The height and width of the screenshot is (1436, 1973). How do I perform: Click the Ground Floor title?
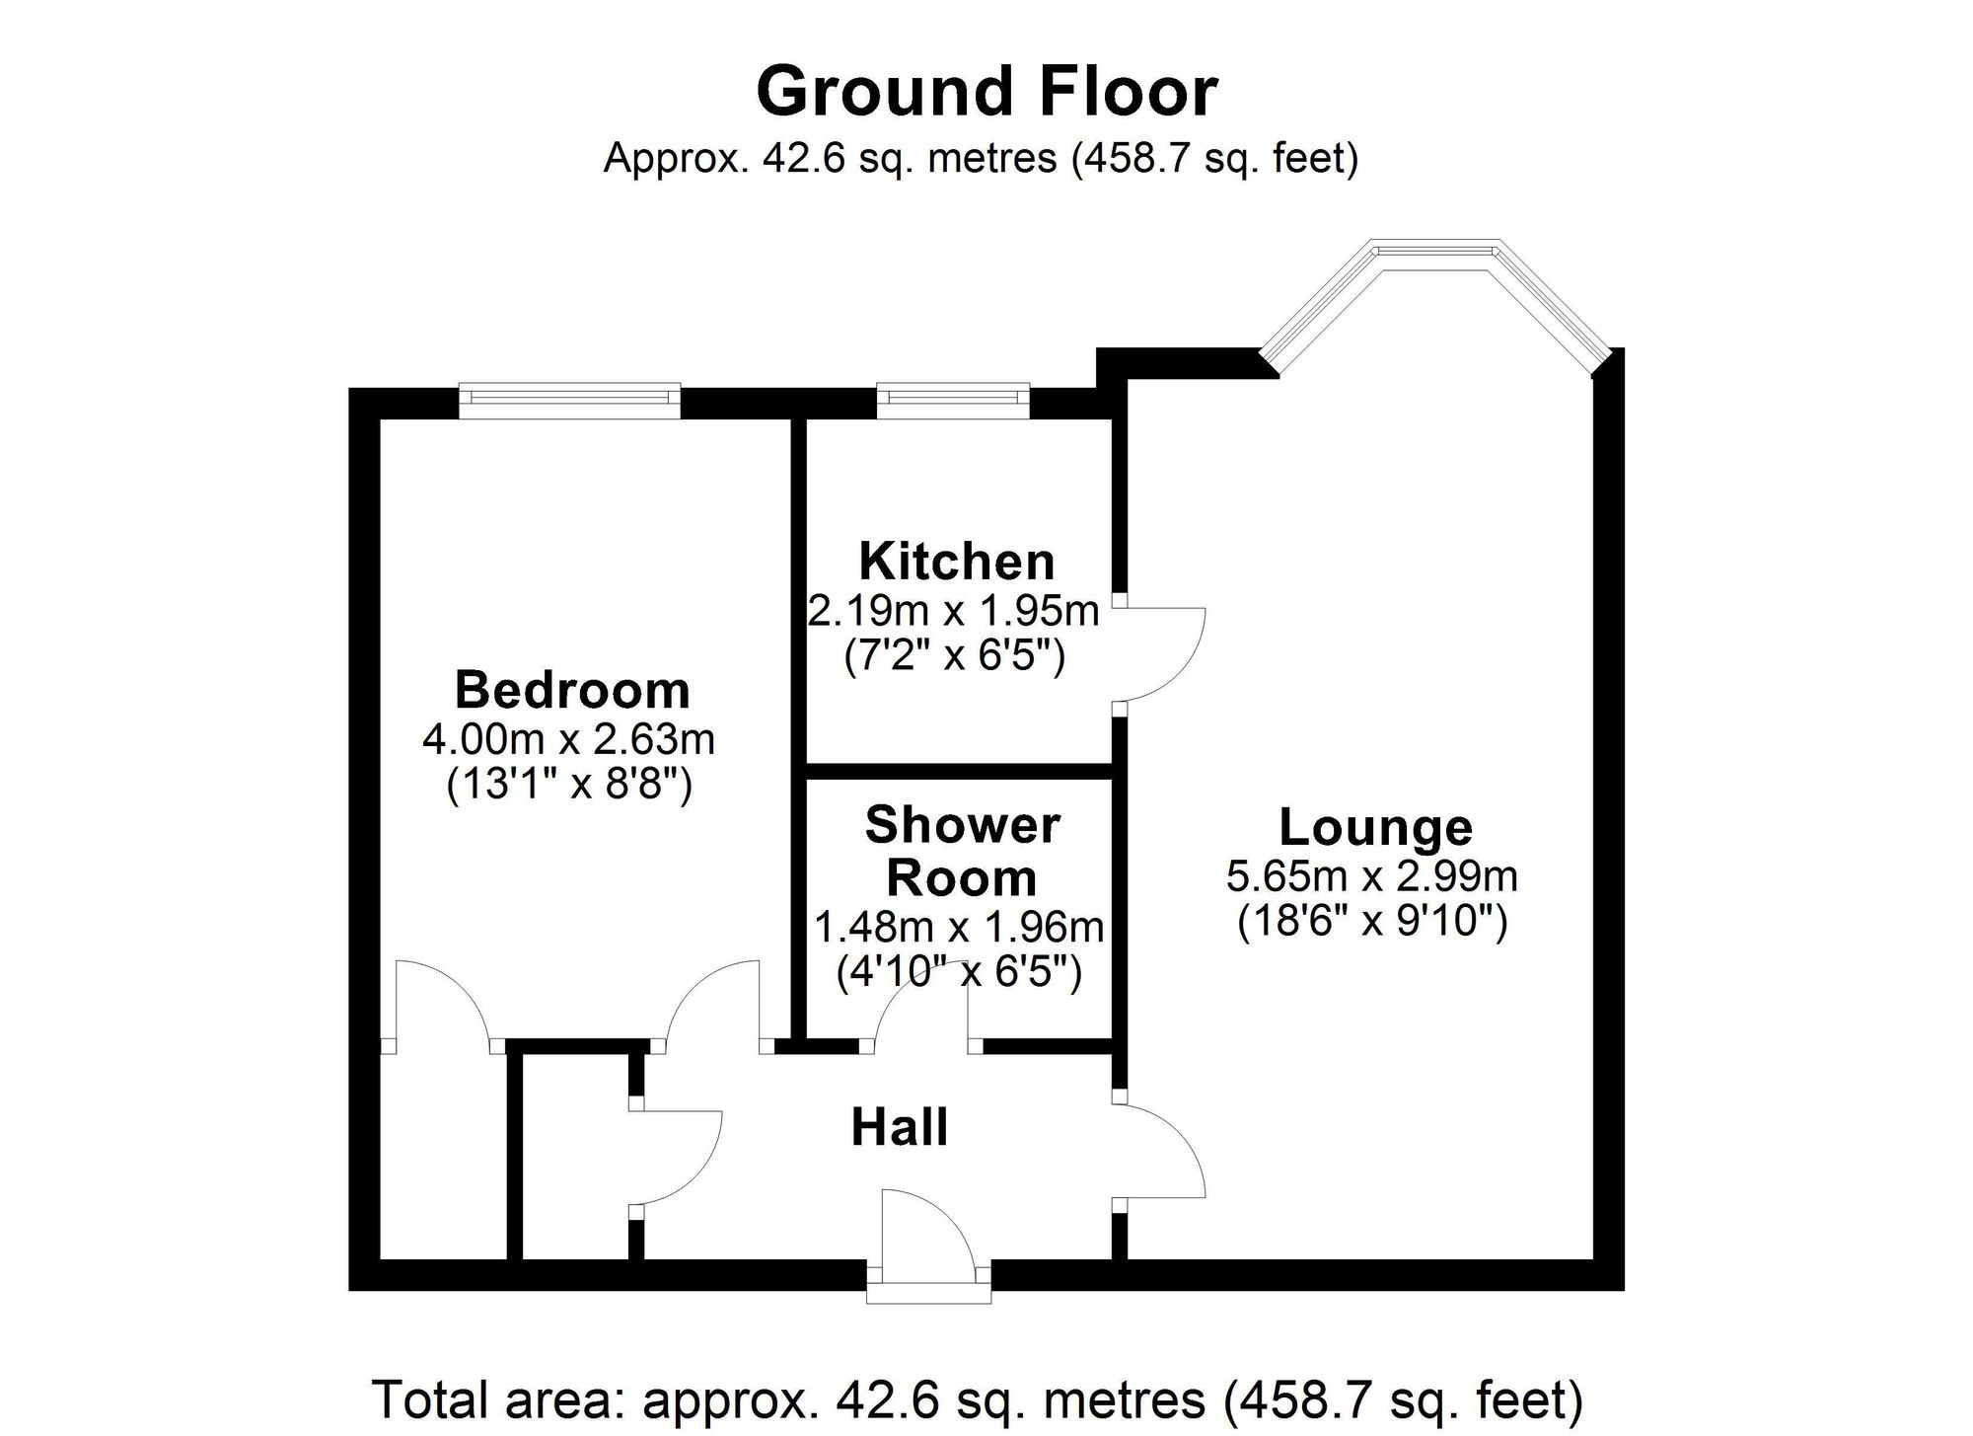tap(986, 91)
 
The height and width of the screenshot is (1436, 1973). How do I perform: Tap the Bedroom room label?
tap(572, 689)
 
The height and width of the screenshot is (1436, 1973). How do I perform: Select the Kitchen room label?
tap(957, 561)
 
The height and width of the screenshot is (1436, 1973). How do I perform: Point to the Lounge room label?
tap(1375, 826)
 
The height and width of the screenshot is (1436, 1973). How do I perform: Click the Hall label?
tap(900, 1127)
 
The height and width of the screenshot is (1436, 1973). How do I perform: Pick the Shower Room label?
tap(962, 851)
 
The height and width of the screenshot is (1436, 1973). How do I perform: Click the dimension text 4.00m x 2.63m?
tap(568, 739)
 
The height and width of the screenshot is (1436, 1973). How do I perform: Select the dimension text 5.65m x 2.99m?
tap(1372, 875)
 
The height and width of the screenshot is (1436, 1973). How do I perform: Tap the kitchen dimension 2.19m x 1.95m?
tap(954, 611)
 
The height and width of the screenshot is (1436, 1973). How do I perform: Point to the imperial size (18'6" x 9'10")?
tap(1372, 922)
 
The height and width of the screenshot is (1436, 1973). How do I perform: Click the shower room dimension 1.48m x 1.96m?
tap(958, 927)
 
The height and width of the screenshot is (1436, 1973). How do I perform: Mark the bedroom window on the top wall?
tap(569, 397)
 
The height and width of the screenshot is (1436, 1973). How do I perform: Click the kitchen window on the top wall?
tap(953, 397)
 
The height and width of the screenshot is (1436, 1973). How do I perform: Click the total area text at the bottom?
tap(977, 1398)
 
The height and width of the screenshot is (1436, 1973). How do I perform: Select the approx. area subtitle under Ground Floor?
tap(982, 158)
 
